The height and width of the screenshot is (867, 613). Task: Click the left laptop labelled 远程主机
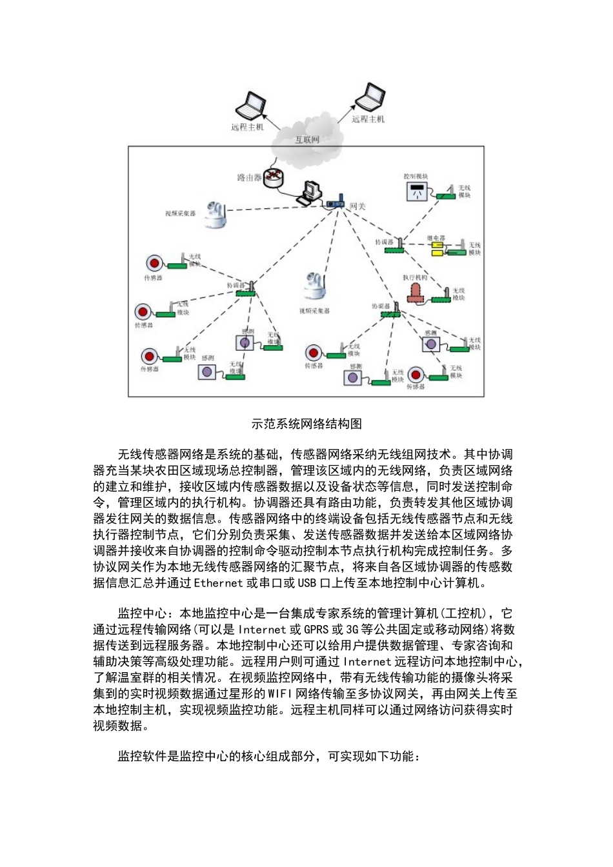pyautogui.click(x=250, y=105)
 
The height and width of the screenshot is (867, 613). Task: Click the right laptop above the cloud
pyautogui.click(x=371, y=97)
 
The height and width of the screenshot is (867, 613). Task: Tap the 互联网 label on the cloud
pyautogui.click(x=307, y=139)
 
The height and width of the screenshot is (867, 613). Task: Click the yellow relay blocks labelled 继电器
pyautogui.click(x=437, y=248)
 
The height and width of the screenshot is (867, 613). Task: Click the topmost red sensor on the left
pyautogui.click(x=154, y=263)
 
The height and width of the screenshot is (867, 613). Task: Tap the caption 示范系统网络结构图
pyautogui.click(x=306, y=424)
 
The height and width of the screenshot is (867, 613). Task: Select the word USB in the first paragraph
pyautogui.click(x=306, y=583)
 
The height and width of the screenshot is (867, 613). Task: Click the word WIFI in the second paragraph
pyautogui.click(x=280, y=694)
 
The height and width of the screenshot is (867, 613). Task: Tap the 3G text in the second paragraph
pyautogui.click(x=352, y=630)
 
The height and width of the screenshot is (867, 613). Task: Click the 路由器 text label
pyautogui.click(x=248, y=177)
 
